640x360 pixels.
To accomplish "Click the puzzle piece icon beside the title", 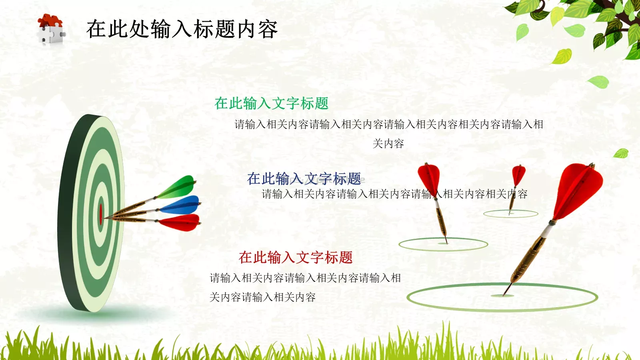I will (51, 29).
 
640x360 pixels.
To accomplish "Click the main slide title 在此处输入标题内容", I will (182, 29).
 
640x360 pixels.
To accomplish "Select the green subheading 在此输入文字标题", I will (271, 103).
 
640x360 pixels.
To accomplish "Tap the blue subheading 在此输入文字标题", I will (304, 178).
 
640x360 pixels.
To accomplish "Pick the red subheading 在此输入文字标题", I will (296, 257).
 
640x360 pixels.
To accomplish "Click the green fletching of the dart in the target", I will (178, 187).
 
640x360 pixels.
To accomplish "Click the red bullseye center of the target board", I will (101, 214).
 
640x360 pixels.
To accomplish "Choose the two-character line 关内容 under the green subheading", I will (388, 144).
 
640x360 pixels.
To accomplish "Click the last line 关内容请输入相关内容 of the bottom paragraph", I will (263, 297).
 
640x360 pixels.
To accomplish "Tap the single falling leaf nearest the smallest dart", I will (621, 153).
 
